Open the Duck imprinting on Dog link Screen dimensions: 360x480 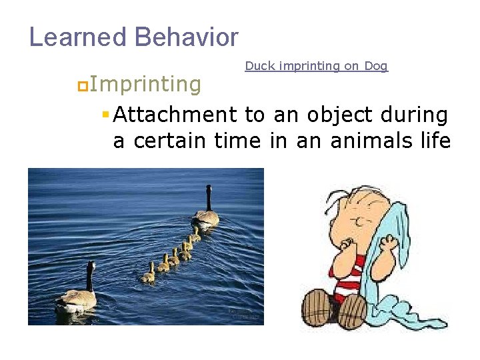pos(316,66)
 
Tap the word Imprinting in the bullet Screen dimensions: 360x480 pos(145,85)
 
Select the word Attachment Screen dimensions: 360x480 pos(175,115)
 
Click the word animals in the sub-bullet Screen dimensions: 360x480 pos(354,141)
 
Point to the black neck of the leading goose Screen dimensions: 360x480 pos(209,198)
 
